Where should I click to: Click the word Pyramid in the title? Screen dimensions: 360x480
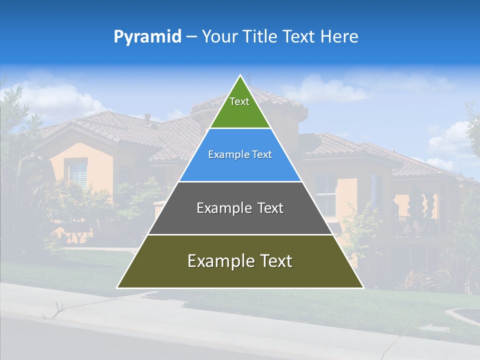coord(147,37)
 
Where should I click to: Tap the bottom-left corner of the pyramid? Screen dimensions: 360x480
coord(117,287)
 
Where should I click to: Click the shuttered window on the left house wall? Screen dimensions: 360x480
coord(78,173)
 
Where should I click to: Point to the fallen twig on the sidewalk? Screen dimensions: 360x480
coord(55,311)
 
